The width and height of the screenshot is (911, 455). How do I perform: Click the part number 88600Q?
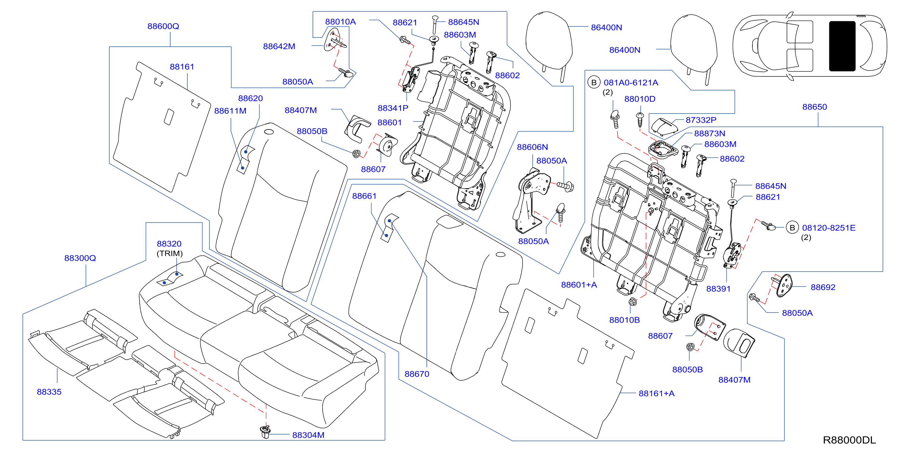point(163,26)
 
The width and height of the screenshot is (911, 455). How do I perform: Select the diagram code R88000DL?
point(849,440)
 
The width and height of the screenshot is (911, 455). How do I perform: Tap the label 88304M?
point(308,435)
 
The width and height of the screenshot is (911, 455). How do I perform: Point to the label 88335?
point(49,392)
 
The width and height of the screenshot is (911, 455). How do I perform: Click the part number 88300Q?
point(80,258)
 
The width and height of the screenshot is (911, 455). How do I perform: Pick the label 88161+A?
point(656,393)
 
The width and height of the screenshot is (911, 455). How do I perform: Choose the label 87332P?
point(701,120)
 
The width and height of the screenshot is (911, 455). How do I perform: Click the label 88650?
point(815,107)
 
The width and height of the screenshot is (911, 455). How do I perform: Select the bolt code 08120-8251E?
point(829,228)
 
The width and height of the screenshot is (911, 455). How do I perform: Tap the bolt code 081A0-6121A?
point(631,82)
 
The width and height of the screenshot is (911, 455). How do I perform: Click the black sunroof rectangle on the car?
point(842,46)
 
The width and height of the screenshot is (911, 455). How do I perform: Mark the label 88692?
point(823,287)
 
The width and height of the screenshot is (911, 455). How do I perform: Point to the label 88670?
point(417,374)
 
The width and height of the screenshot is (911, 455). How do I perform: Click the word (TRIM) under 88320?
point(170,253)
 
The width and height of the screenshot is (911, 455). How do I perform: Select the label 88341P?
point(393,108)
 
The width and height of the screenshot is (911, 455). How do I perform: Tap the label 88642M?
point(279,46)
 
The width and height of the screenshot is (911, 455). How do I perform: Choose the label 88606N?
point(532,147)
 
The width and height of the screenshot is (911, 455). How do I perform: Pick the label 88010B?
point(624,320)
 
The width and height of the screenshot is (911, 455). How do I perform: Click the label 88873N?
point(709,133)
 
